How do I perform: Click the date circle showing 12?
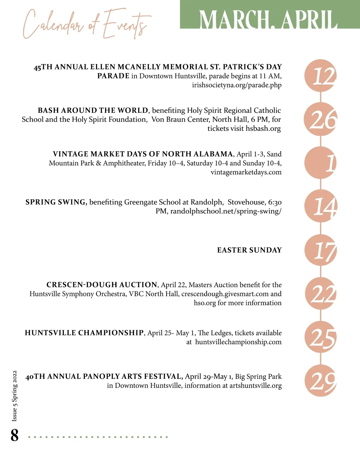pos(321,76)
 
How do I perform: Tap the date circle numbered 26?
pos(321,119)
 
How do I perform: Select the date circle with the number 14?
pos(321,206)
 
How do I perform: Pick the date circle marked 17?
pos(321,250)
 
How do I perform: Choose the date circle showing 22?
pos(321,294)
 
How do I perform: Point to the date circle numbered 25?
pos(321,337)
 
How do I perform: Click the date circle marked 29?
pos(321,381)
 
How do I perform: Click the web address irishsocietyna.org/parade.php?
pos(237,85)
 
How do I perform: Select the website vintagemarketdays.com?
pos(246,172)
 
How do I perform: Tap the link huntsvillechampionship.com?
pos(238,342)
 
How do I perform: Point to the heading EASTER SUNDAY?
pos(249,250)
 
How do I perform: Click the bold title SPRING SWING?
pos(56,202)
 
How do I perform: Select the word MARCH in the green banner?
pos(234,20)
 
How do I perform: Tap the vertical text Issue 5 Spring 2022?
pos(14,396)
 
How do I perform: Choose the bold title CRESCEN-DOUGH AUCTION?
pos(102,285)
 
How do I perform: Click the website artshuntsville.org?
pos(256,385)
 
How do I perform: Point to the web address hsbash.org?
pos(263,129)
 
